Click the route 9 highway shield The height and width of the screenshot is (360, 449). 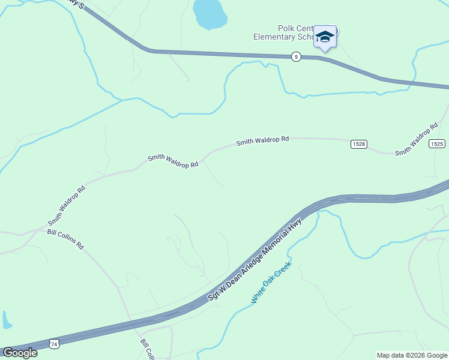pyautogui.click(x=296, y=56)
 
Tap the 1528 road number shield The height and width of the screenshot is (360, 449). pyautogui.click(x=358, y=144)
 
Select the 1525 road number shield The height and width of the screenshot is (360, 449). pyautogui.click(x=437, y=143)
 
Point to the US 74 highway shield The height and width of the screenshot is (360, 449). pyautogui.click(x=55, y=344)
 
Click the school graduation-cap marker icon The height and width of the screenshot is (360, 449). pyautogui.click(x=325, y=37)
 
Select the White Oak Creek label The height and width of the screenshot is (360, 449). pyautogui.click(x=271, y=282)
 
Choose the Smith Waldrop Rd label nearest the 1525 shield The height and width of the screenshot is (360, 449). pyautogui.click(x=416, y=142)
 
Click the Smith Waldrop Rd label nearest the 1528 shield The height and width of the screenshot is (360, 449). pyautogui.click(x=262, y=141)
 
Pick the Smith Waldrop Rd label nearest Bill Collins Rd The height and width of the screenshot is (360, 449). pyautogui.click(x=67, y=206)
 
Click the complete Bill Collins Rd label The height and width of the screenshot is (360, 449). pyautogui.click(x=67, y=239)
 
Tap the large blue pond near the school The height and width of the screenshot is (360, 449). pyautogui.click(x=209, y=13)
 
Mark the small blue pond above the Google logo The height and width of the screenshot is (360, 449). pyautogui.click(x=7, y=320)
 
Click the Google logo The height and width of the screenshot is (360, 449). pyautogui.click(x=20, y=353)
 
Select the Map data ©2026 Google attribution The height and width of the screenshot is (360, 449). pyautogui.click(x=412, y=355)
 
